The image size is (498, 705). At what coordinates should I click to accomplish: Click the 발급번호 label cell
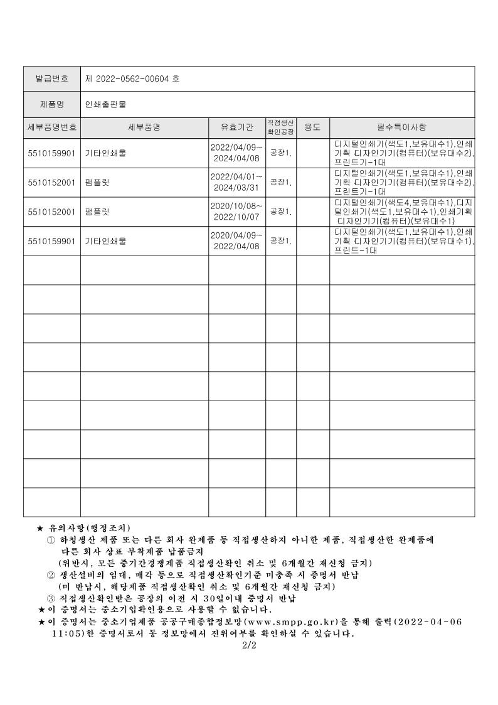tap(52, 79)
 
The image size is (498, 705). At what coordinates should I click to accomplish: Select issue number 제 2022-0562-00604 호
tap(132, 79)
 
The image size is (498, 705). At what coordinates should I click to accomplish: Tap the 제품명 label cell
tap(52, 104)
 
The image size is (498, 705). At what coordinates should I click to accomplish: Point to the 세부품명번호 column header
tap(52, 127)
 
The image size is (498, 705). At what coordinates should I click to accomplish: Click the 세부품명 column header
tap(144, 127)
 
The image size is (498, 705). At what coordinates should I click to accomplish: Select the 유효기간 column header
tap(236, 127)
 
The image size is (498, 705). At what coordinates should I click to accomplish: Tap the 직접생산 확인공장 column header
tap(280, 127)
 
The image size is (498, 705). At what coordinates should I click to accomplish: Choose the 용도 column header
tap(312, 127)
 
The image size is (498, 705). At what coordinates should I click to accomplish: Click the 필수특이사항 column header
tap(401, 127)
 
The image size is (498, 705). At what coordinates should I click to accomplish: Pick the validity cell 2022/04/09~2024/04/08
tap(236, 153)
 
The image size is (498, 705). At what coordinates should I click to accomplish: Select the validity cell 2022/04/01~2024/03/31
tap(236, 182)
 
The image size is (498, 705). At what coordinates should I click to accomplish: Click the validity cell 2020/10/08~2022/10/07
tap(236, 212)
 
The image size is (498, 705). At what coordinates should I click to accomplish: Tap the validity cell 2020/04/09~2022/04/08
tap(236, 241)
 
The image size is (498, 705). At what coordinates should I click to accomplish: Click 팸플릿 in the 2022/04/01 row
tap(97, 182)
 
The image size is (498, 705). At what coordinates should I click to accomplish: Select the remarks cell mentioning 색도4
tap(401, 212)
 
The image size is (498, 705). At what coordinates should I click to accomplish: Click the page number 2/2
tap(249, 644)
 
